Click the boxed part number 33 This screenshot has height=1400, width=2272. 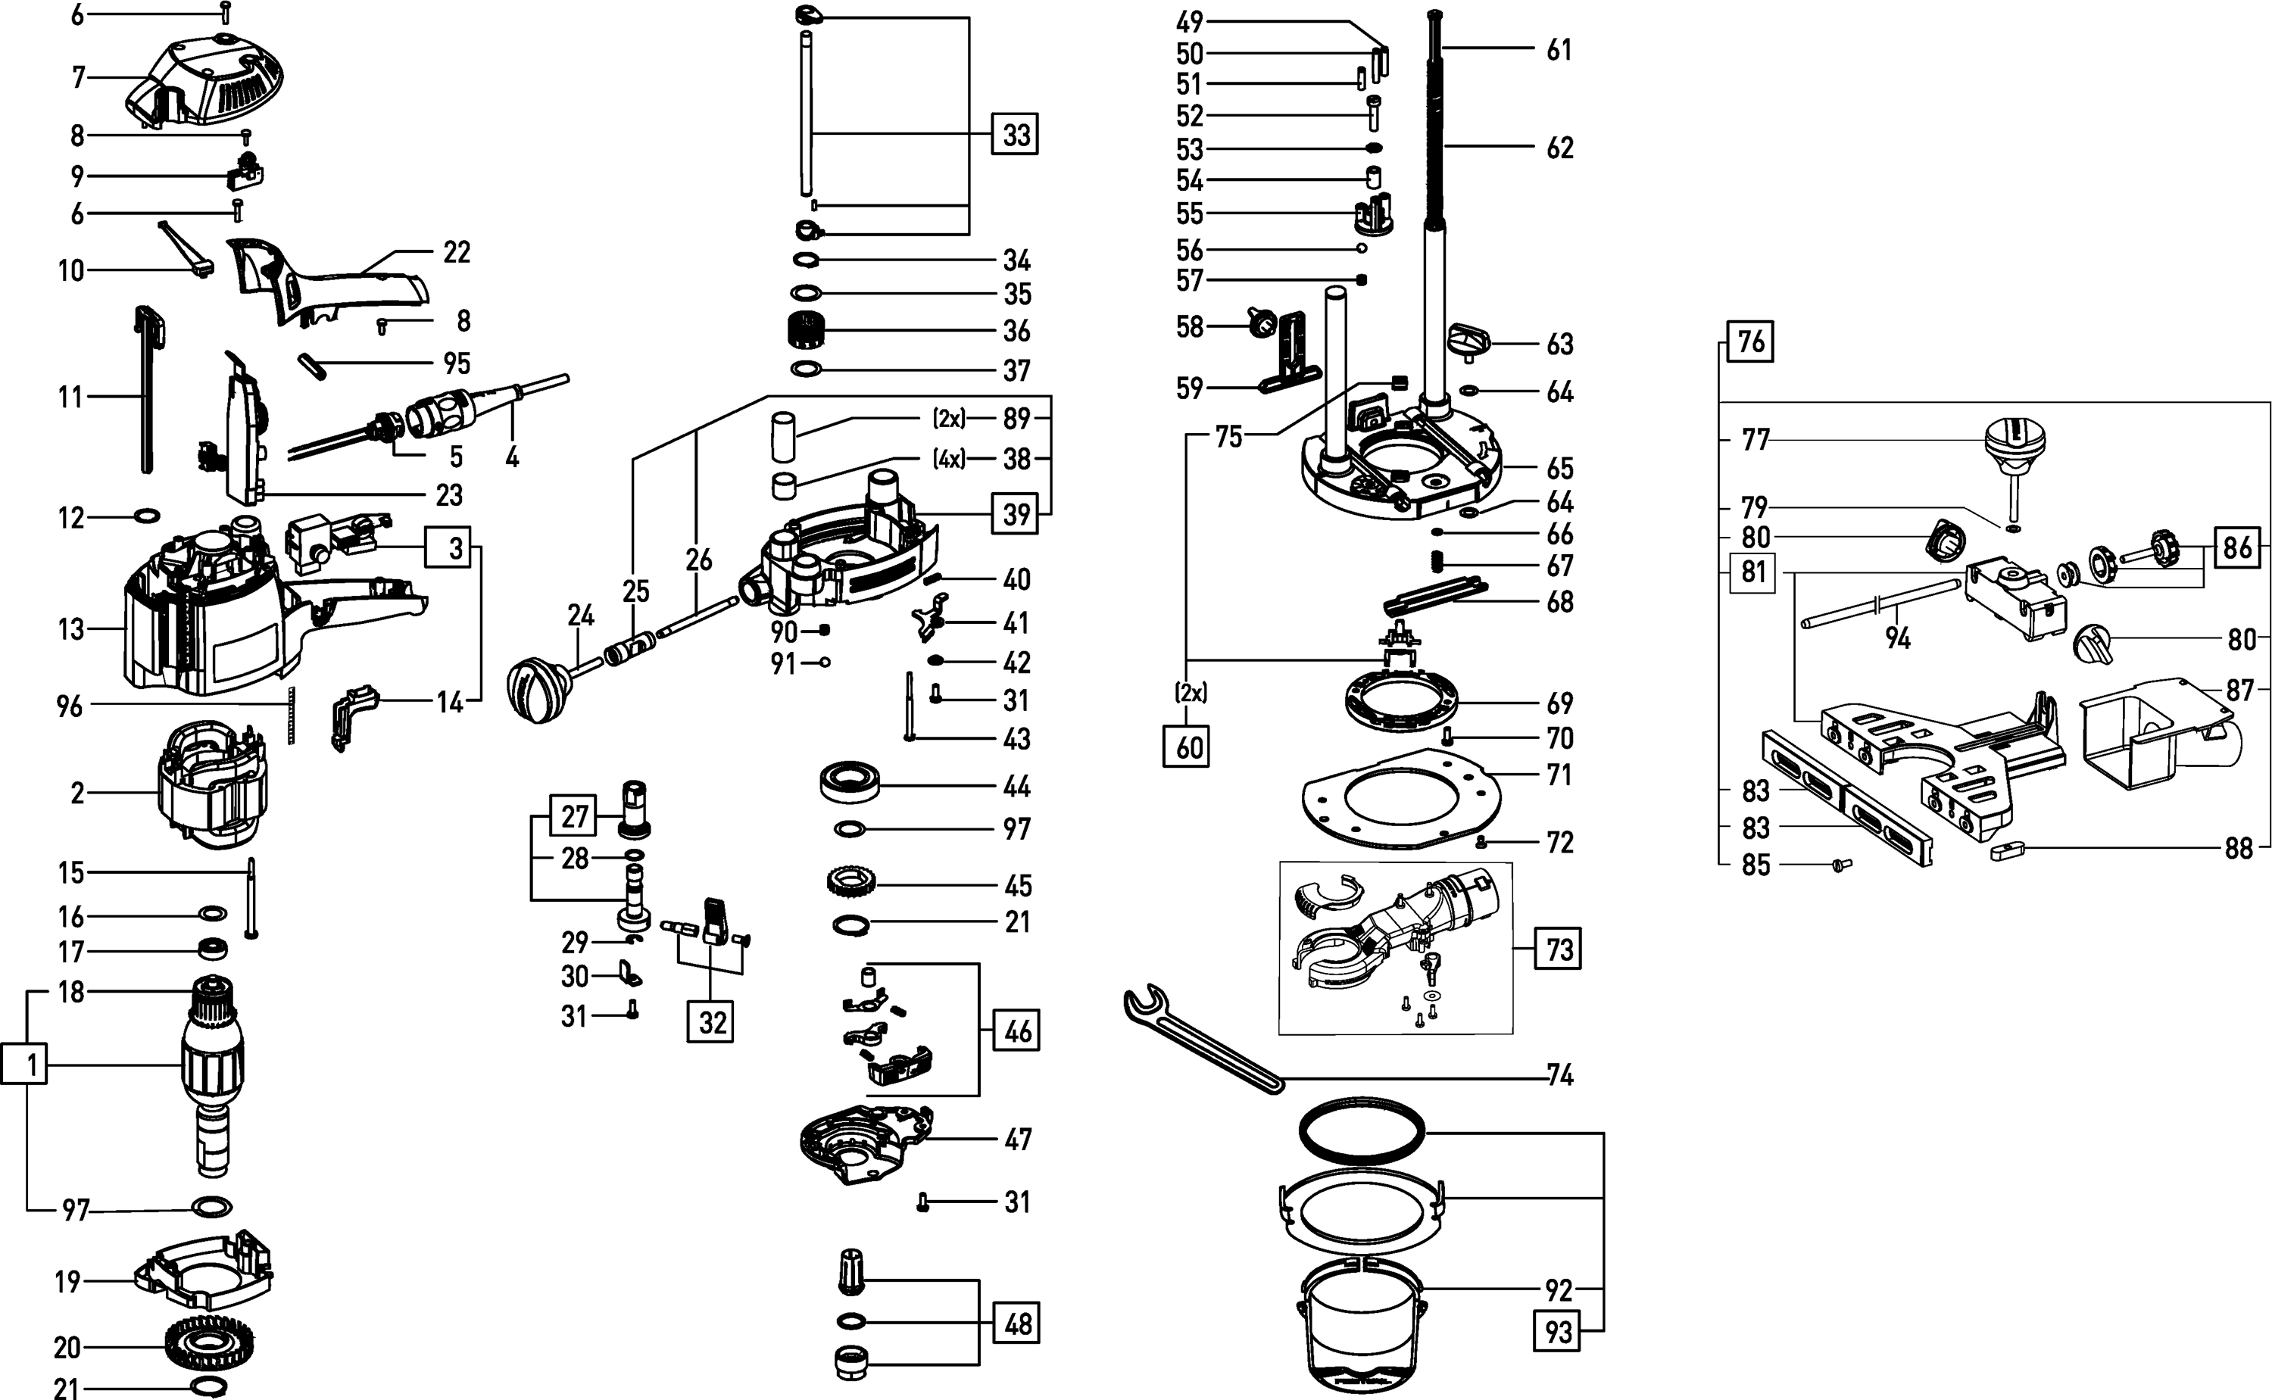pyautogui.click(x=1016, y=136)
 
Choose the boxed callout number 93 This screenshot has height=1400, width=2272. pyautogui.click(x=1558, y=1332)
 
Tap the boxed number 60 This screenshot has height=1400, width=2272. pyautogui.click(x=1187, y=747)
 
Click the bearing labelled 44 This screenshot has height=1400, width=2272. pyautogui.click(x=849, y=784)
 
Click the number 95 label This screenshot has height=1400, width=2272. pyautogui.click(x=457, y=363)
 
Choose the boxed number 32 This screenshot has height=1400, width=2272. pyautogui.click(x=712, y=1022)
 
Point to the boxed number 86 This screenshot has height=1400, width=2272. pyautogui.click(x=2238, y=547)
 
